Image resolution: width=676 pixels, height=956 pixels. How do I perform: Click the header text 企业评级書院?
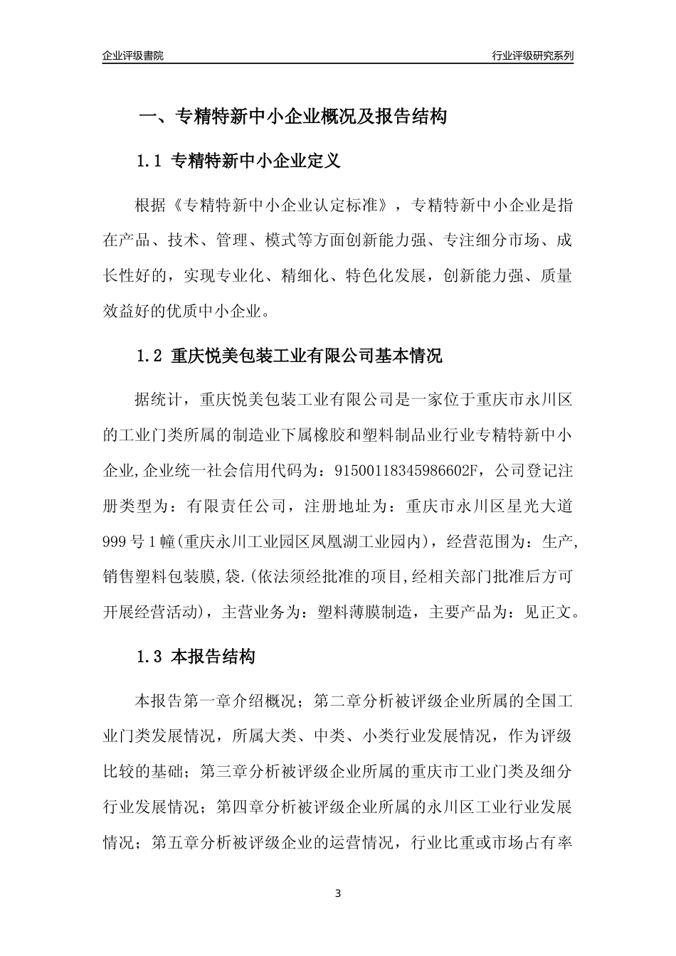point(133,55)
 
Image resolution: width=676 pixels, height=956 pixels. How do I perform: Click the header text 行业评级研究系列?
point(532,55)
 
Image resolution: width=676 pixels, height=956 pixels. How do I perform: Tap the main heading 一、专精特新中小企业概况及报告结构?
point(292,116)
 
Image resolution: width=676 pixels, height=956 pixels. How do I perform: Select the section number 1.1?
point(151,161)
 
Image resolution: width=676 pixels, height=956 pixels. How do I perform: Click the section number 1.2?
point(151,355)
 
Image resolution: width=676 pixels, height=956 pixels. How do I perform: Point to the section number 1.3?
point(151,657)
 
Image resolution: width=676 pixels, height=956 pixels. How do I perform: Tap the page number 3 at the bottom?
point(338,893)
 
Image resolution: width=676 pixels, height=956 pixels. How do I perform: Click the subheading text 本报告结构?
point(213,657)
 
